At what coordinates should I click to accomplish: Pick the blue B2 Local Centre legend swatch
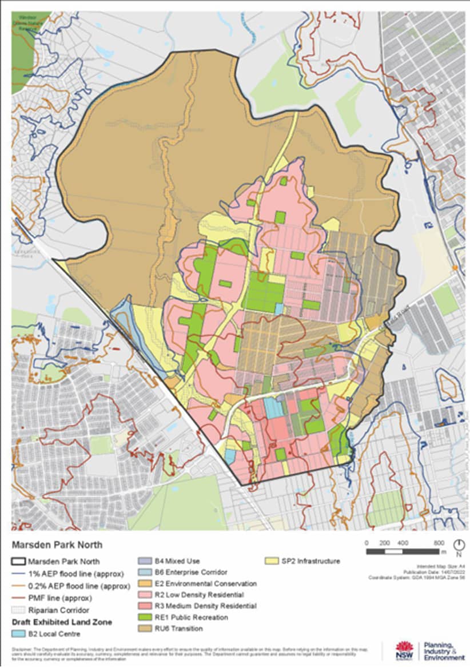pyautogui.click(x=19, y=633)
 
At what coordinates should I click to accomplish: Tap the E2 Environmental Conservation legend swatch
pyautogui.click(x=146, y=583)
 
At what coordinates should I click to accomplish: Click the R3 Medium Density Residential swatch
pyautogui.click(x=146, y=606)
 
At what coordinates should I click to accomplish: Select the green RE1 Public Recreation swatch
pyautogui.click(x=146, y=617)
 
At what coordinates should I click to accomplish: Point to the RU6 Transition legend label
pyautogui.click(x=178, y=628)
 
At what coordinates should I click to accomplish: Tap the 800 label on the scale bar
pyautogui.click(x=439, y=542)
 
